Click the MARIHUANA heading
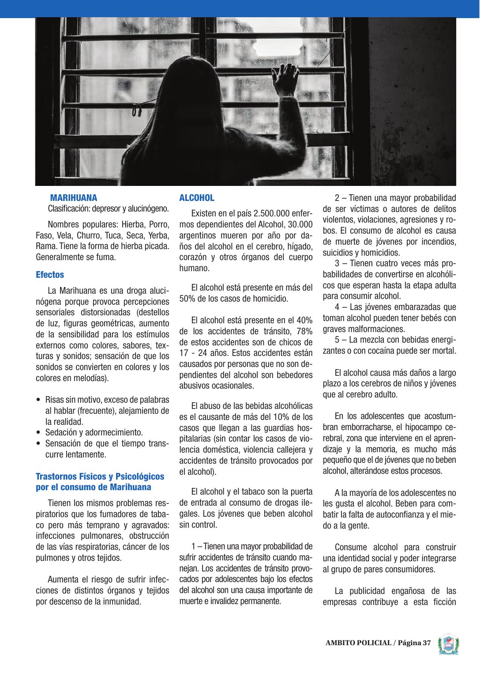pyautogui.click(x=73, y=198)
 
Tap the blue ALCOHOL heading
pyautogui.click(x=197, y=198)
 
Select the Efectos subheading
pyautogui.click(x=50, y=275)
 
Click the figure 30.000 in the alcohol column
pyautogui.click(x=300, y=225)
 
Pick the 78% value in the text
pyautogui.click(x=304, y=331)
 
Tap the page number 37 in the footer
pyautogui.click(x=426, y=643)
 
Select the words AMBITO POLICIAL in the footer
pyautogui.click(x=358, y=643)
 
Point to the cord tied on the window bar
pyautogui.click(x=138, y=109)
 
